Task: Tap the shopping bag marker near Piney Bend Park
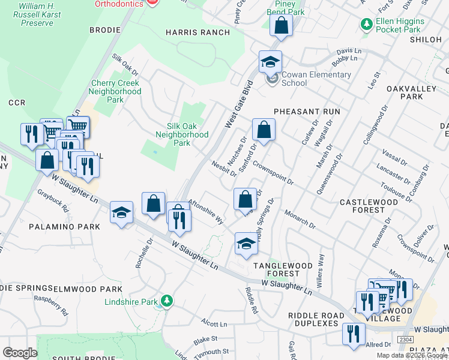(280, 26)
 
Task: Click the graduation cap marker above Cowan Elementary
(270, 61)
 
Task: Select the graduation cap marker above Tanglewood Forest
(246, 244)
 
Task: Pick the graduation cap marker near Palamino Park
(121, 212)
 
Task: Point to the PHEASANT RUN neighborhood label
(307, 112)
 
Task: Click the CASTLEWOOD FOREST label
(369, 206)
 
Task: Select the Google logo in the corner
(20, 352)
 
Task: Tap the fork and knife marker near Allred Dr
(354, 334)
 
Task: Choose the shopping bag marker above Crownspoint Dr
(263, 129)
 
